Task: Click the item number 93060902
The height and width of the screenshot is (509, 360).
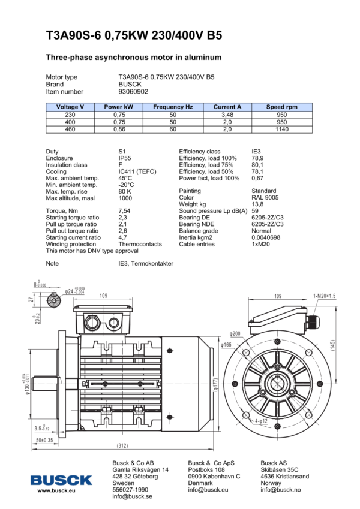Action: coord(133,92)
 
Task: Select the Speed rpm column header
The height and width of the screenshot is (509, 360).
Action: coord(281,107)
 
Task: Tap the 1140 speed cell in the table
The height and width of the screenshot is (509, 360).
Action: coord(281,129)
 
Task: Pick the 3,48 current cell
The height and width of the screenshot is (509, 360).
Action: coord(227,114)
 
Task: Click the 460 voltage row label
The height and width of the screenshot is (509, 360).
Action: coord(70,129)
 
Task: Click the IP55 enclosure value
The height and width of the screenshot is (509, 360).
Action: coord(125,158)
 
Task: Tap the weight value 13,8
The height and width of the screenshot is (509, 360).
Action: coord(257,204)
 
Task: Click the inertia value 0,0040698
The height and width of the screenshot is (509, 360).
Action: coord(266,237)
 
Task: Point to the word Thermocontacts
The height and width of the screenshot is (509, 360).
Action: coord(140,244)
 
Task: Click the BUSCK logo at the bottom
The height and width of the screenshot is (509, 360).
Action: coord(62,480)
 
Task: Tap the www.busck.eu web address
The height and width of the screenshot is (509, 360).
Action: coord(56,491)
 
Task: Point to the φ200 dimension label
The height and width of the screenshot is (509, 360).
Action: coord(235,333)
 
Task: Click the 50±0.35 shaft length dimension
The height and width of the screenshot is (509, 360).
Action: coord(44,440)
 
